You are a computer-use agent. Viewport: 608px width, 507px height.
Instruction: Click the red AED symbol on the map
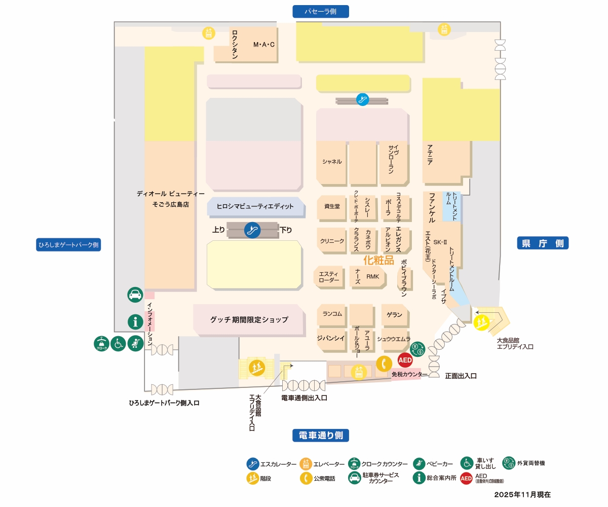[x=405, y=360]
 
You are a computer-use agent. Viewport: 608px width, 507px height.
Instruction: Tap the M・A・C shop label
[x=264, y=45]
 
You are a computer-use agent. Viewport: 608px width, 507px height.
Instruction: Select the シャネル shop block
[x=332, y=162]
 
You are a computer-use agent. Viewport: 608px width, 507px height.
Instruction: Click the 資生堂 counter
[x=332, y=206]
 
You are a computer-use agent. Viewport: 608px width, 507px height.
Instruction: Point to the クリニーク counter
[x=332, y=241]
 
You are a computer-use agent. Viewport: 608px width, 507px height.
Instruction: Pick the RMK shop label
[x=373, y=277]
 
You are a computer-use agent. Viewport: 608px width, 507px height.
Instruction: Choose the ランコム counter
[x=332, y=314]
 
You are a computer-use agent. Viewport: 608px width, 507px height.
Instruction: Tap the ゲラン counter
[x=394, y=315]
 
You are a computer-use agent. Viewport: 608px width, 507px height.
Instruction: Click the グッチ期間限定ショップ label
[x=249, y=320]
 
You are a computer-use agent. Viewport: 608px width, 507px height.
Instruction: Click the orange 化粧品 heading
[x=379, y=260]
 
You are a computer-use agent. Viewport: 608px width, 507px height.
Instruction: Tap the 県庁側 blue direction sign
[x=543, y=243]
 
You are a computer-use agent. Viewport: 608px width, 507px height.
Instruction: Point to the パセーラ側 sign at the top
[x=321, y=11]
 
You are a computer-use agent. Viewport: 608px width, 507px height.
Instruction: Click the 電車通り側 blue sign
[x=321, y=436]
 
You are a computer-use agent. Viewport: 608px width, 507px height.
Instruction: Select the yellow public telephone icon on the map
[x=384, y=364]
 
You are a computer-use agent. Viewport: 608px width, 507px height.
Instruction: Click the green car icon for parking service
[x=135, y=295]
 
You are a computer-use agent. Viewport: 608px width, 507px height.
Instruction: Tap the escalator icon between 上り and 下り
[x=252, y=230]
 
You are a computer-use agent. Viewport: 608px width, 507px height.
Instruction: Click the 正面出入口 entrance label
[x=461, y=376]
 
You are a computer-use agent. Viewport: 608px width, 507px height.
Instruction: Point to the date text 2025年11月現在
[x=522, y=494]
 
